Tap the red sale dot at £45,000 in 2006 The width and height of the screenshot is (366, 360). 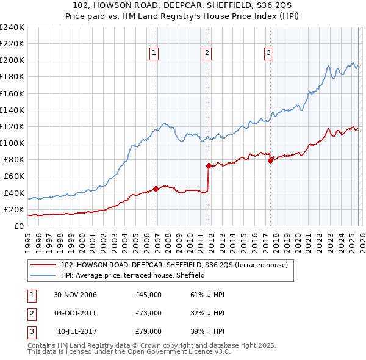tap(156, 189)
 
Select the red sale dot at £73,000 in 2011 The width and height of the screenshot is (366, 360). tap(209, 165)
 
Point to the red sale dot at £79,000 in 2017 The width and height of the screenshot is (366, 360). tap(271, 160)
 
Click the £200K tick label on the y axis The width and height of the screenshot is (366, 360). tap(12, 60)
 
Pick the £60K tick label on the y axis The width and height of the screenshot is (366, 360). tap(14, 176)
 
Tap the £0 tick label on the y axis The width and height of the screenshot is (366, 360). tap(20, 226)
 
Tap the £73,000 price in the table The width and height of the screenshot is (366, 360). tap(149, 313)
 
